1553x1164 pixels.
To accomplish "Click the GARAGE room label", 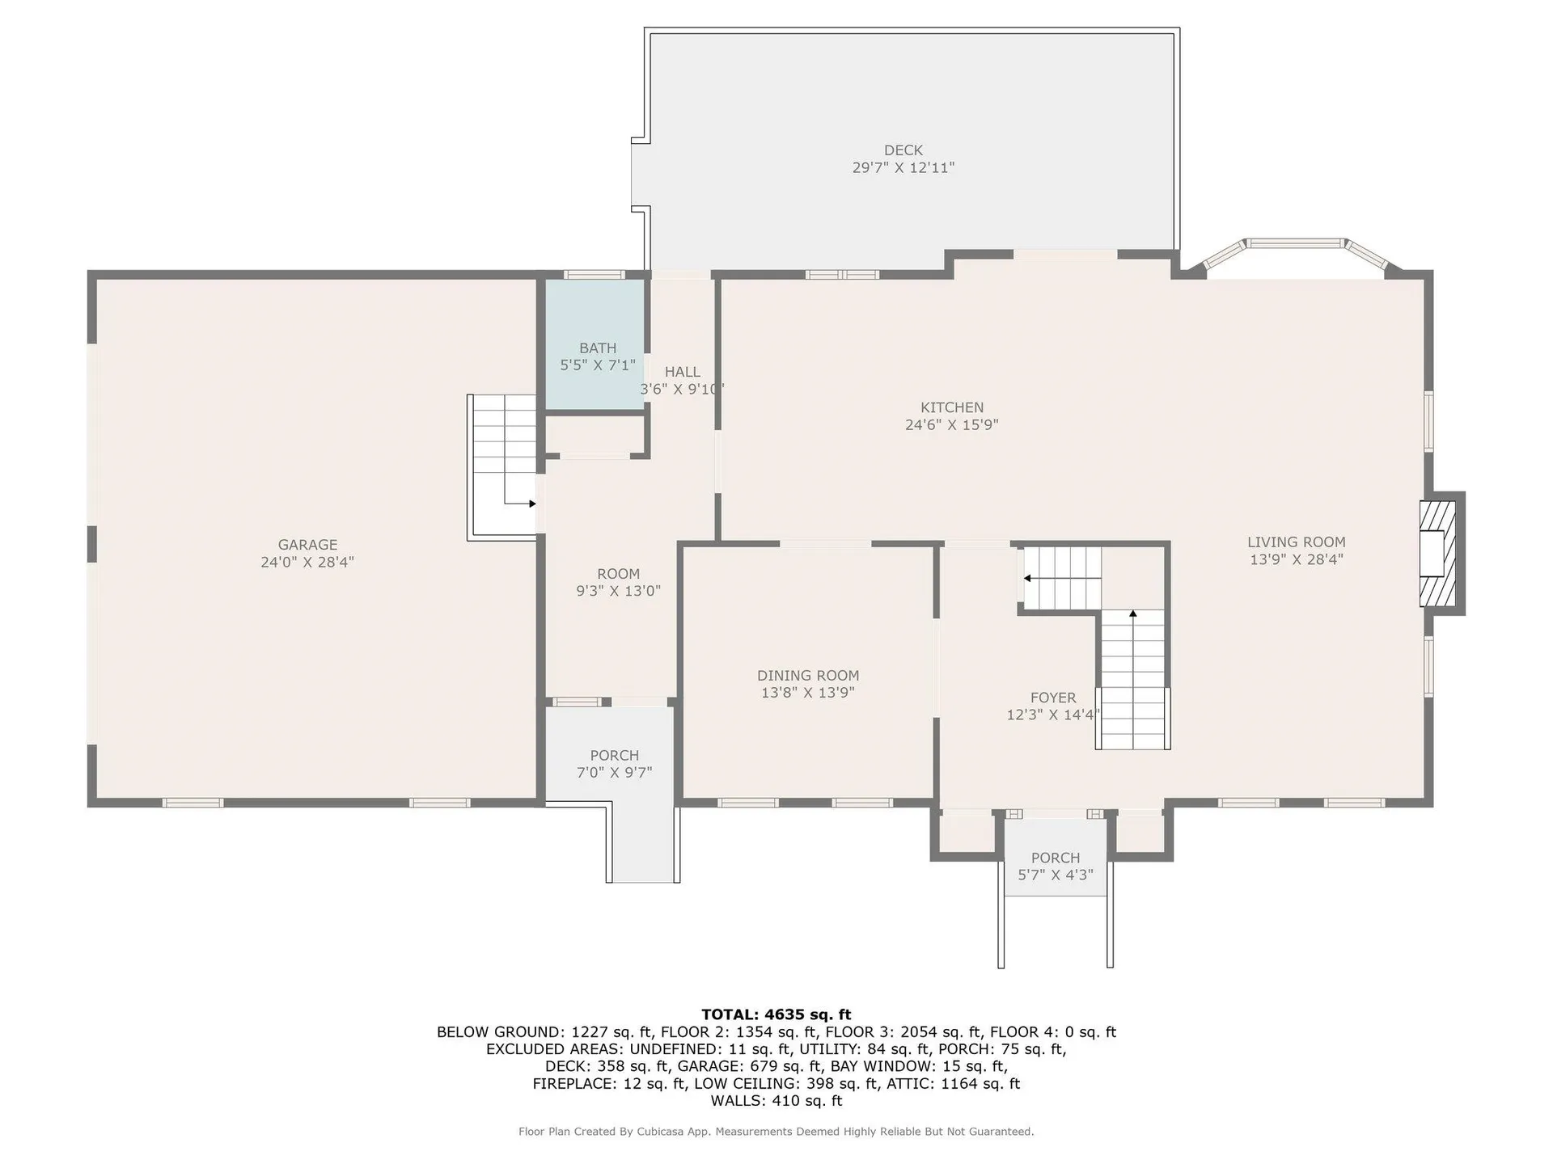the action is [x=307, y=545].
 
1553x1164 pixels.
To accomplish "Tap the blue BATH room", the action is [x=595, y=344].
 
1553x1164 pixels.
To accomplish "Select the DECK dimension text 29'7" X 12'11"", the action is [x=903, y=168].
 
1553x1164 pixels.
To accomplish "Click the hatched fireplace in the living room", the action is [x=1437, y=554].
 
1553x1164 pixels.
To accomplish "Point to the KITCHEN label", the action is [x=952, y=407].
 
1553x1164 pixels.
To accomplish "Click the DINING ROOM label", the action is [x=808, y=676].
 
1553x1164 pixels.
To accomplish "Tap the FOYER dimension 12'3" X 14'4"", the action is [x=1053, y=715].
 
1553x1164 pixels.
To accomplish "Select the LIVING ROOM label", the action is [x=1297, y=542].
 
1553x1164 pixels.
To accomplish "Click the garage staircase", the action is [x=503, y=466].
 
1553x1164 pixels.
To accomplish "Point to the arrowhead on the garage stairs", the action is [x=532, y=504].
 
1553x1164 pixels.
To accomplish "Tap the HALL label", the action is [x=683, y=372].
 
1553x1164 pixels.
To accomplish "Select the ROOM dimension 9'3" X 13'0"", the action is [x=619, y=591].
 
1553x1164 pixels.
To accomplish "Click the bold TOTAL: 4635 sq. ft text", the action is [x=776, y=1014].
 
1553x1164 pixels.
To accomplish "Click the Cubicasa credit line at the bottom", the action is [x=776, y=1132].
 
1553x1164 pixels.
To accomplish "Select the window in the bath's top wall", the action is [x=595, y=275].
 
